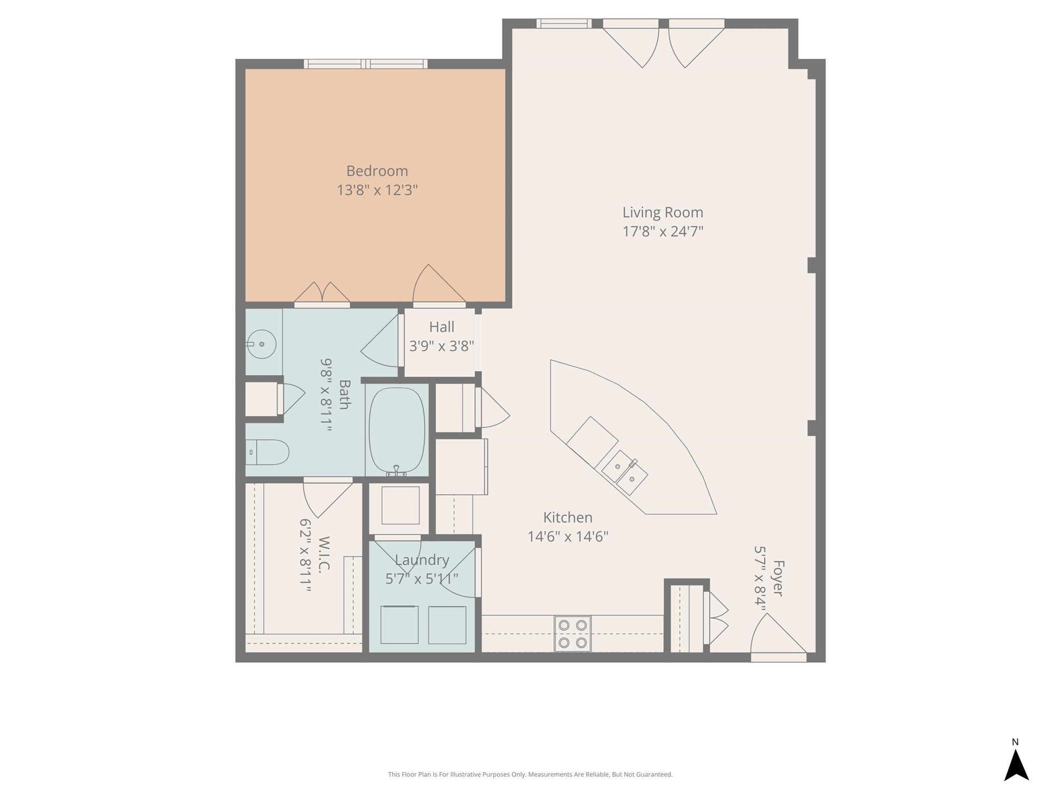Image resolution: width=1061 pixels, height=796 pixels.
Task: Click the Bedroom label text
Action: [x=377, y=171]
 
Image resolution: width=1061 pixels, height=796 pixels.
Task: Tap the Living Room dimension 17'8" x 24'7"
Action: [x=663, y=231]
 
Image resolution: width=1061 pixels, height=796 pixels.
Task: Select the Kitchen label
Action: [x=567, y=517]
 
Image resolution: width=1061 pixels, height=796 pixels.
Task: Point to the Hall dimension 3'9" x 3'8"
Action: [x=441, y=346]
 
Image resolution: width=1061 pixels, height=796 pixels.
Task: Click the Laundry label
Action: [x=422, y=560]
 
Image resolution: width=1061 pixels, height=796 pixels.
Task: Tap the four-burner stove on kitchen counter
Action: [x=572, y=633]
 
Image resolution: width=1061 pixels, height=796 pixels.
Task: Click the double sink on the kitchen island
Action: [x=625, y=472]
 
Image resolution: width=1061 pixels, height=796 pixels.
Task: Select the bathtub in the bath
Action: [x=397, y=430]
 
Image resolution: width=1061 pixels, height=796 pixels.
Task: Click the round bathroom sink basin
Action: [x=262, y=344]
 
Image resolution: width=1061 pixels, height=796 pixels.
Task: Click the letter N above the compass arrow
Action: [x=1015, y=742]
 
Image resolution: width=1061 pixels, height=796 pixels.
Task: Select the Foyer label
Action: [x=778, y=578]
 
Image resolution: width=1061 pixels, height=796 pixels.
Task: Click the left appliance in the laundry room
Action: [x=399, y=624]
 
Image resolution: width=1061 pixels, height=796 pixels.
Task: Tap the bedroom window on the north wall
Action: [x=366, y=64]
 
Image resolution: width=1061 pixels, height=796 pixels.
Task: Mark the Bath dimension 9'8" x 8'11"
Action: [x=325, y=395]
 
